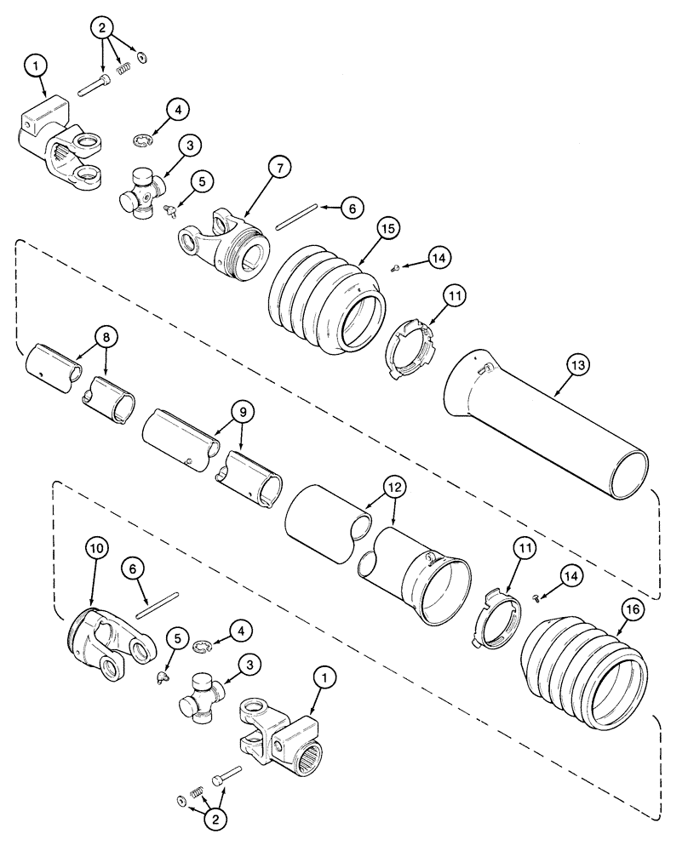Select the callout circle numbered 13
(578, 366)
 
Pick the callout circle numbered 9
(242, 412)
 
